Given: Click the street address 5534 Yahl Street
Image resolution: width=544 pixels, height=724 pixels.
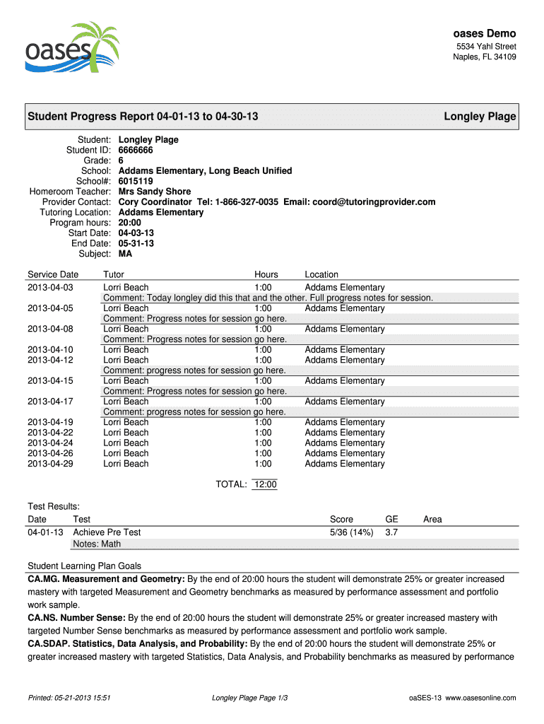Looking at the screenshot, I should tap(485, 47).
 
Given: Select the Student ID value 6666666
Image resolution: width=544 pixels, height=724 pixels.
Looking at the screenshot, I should tap(136, 150).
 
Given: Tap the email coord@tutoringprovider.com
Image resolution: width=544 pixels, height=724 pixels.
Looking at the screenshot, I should tap(374, 202).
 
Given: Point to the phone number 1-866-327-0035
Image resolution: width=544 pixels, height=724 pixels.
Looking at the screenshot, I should tap(237, 202).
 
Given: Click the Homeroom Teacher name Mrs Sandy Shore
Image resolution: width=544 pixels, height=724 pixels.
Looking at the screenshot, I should tap(155, 192).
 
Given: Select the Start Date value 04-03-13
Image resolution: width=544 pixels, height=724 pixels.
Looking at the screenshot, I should tap(136, 233).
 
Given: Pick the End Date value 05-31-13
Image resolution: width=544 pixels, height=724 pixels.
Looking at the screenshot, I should tap(136, 243).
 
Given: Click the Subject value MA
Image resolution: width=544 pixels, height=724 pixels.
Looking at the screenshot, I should tap(125, 254).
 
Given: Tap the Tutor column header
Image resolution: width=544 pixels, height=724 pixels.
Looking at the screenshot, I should tap(114, 274).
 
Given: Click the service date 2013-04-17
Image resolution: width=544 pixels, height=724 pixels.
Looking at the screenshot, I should tap(50, 402).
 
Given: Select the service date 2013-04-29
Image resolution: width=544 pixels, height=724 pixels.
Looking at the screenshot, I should tap(50, 464).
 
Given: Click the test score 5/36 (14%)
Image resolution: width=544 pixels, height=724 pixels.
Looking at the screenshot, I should tap(351, 532).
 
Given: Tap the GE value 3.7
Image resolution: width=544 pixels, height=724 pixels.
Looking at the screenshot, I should tap(391, 532).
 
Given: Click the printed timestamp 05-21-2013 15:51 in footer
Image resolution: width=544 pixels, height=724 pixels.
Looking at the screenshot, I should tap(69, 698).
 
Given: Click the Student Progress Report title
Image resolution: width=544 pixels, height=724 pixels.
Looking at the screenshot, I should tap(142, 117).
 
